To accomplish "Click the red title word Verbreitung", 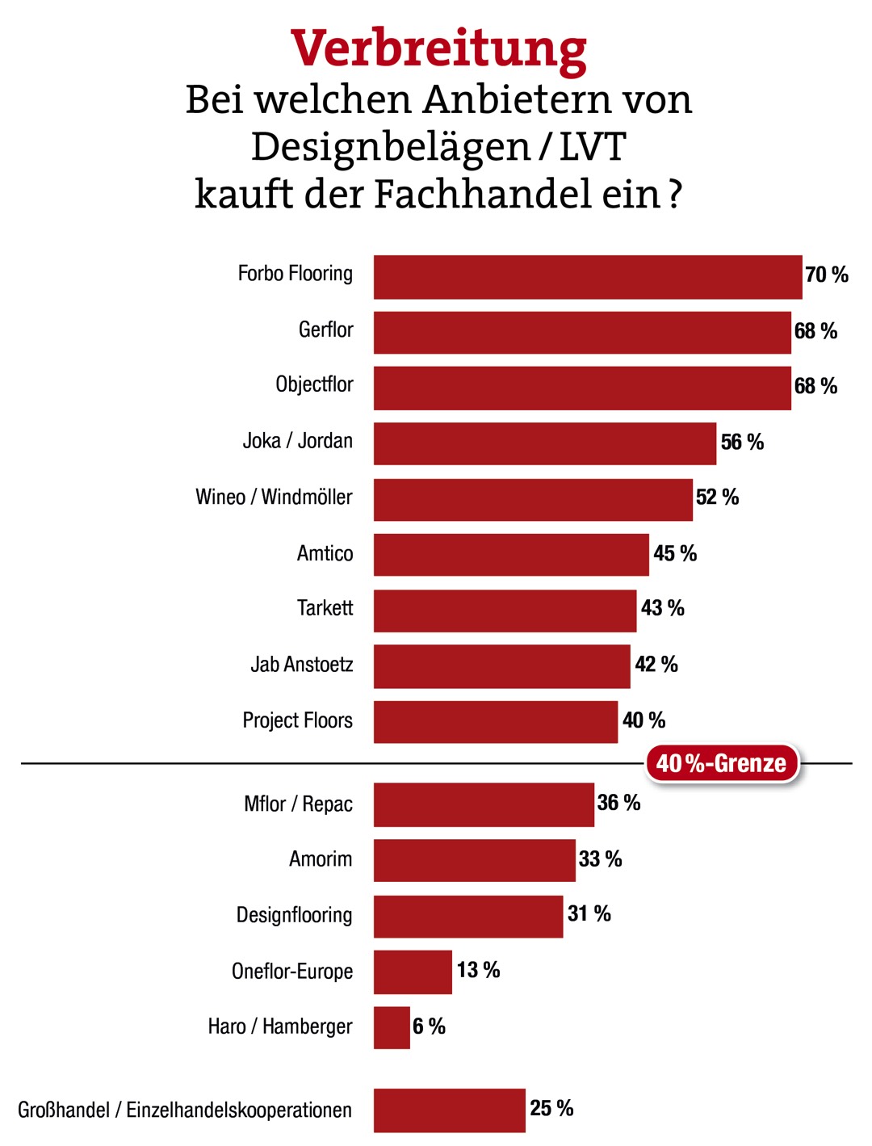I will (438, 48).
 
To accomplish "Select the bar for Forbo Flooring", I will (587, 277).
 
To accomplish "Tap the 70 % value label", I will (826, 275).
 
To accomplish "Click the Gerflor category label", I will (325, 330).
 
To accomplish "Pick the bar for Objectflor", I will (581, 388).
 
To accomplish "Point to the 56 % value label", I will (742, 442).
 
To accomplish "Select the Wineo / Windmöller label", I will (274, 497).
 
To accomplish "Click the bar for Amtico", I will (510, 555).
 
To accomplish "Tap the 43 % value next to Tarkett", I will (662, 608).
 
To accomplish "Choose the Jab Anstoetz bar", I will (501, 666).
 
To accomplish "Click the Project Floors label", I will (297, 720).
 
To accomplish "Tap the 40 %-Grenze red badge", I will (721, 763).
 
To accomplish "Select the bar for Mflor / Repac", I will (484, 804).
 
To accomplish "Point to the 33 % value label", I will (600, 858).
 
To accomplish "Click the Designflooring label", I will (294, 915).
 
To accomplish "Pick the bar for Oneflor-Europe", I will (413, 972).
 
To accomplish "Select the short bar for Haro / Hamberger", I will (392, 1027).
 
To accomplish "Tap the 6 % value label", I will (429, 1026).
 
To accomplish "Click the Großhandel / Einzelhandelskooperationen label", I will (185, 1110).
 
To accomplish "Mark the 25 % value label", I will (551, 1108).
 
